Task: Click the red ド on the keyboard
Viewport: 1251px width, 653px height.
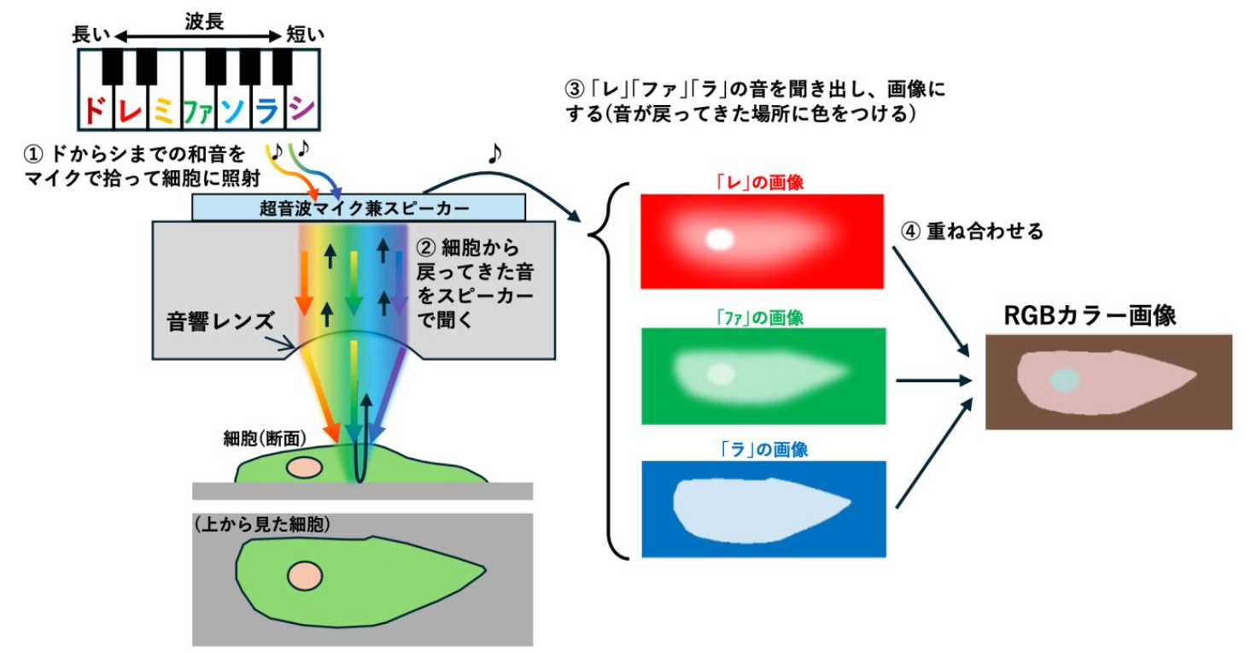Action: click(95, 109)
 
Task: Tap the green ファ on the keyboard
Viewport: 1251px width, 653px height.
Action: click(196, 109)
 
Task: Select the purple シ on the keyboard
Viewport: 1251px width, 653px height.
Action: click(301, 109)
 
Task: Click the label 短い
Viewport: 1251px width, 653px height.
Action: click(305, 36)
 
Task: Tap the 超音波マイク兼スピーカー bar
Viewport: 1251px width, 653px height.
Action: click(359, 207)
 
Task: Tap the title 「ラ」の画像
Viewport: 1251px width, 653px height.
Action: click(763, 449)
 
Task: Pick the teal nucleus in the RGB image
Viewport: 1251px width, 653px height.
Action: click(1065, 380)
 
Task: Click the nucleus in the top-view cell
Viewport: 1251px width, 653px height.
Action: click(303, 574)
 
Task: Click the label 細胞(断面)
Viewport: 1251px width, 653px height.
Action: click(254, 436)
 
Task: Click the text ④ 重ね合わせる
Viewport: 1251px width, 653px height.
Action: click(973, 231)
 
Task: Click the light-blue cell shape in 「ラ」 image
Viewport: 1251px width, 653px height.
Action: click(751, 503)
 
